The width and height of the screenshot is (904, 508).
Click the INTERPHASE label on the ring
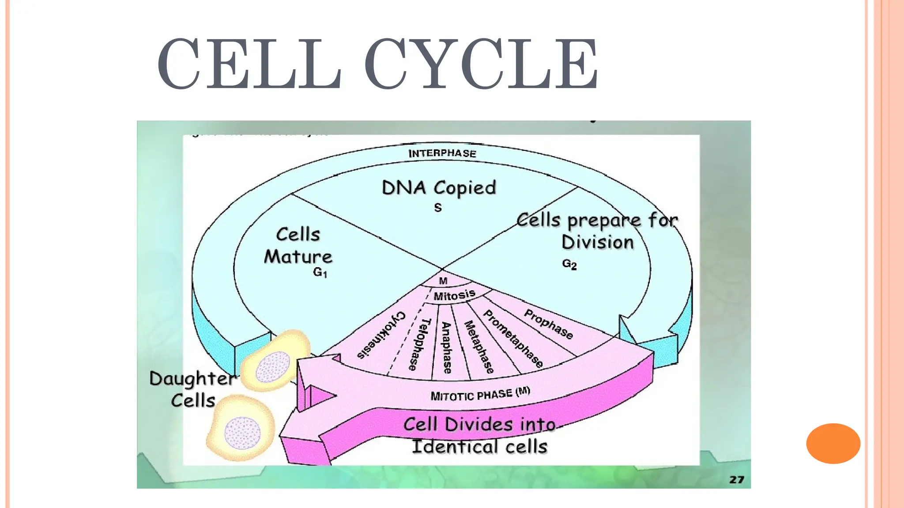(442, 153)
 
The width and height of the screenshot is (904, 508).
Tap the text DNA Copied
(439, 188)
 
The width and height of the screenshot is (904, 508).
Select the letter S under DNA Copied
(437, 208)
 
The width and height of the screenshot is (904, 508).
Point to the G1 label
(320, 273)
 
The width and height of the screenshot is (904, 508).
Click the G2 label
(569, 264)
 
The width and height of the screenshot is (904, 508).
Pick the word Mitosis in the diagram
(454, 295)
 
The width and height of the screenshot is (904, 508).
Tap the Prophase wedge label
(548, 324)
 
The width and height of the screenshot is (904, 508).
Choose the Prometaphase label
(513, 339)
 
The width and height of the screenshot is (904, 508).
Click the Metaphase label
(479, 347)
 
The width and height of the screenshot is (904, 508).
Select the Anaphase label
(447, 347)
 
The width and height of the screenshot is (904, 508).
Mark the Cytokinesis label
(381, 335)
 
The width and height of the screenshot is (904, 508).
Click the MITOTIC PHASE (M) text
(480, 394)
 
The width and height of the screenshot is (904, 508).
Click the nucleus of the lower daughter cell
(242, 433)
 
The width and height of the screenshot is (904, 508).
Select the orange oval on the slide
(833, 443)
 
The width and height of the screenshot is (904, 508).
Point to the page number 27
(737, 479)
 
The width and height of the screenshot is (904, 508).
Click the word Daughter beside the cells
(192, 379)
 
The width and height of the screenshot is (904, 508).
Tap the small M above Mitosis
(443, 281)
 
